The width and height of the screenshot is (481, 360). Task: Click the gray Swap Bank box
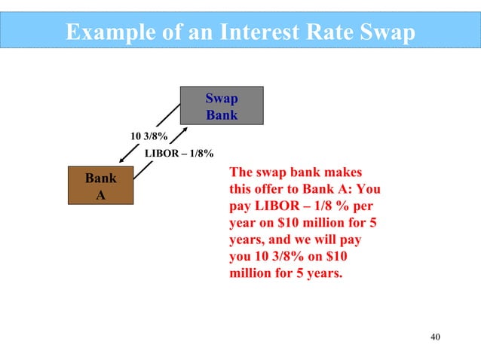coord(222,105)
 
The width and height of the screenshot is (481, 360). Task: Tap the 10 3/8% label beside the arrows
coord(149,136)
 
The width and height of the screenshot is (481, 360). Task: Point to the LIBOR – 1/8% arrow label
coord(178,154)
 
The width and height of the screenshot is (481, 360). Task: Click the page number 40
coord(433,336)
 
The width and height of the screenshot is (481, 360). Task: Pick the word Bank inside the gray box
coord(222,115)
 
